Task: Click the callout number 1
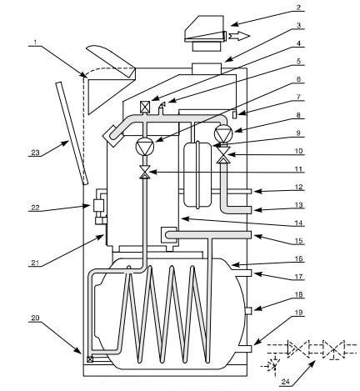[35, 43]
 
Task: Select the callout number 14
[298, 223]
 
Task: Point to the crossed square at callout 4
[145, 106]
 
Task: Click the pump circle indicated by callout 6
[145, 147]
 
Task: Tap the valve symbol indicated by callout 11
[145, 173]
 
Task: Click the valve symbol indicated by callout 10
[223, 155]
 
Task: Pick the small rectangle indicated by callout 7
[235, 114]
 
